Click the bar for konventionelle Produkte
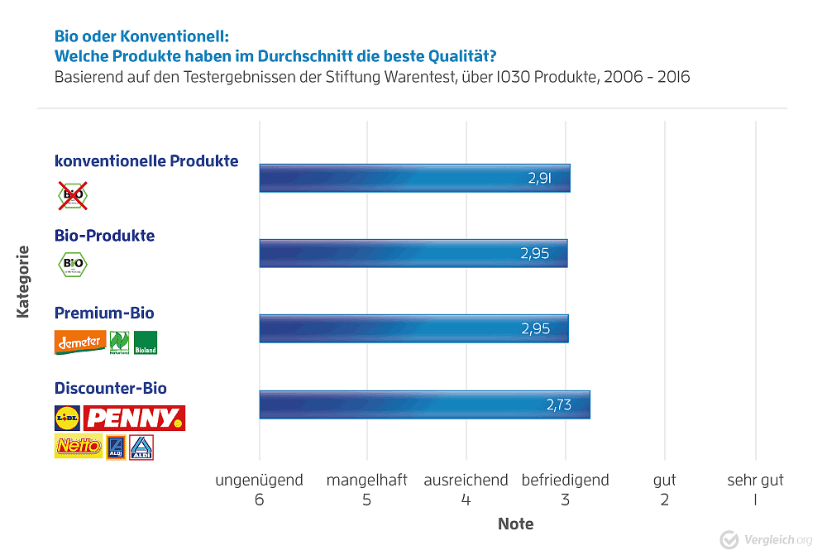413,178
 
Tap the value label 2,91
539,177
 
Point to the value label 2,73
559,404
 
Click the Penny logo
134,418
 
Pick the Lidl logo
67,418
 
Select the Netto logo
78,447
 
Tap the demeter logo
80,342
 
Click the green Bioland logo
146,343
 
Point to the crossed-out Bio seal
72,196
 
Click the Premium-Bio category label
104,313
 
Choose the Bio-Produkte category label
104,236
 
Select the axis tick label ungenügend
259,481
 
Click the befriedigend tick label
565,481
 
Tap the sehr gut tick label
755,481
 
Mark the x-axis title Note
515,524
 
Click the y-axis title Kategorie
23,281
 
